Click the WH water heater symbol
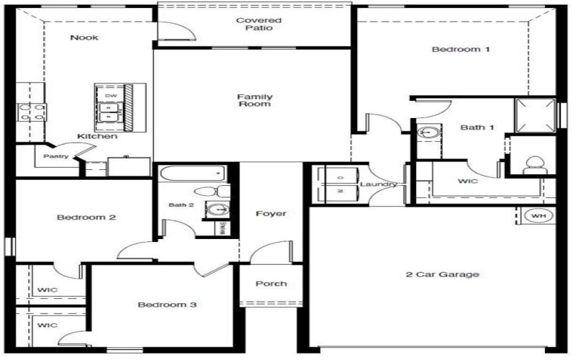[538, 216]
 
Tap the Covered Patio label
[258, 24]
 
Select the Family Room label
[254, 100]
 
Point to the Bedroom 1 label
[461, 50]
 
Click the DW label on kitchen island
[111, 96]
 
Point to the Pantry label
[55, 156]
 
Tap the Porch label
[271, 284]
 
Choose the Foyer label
[271, 214]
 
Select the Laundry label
[378, 184]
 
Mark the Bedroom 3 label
[167, 305]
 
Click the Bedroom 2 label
[87, 217]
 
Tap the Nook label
[84, 37]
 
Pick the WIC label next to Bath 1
[468, 181]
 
